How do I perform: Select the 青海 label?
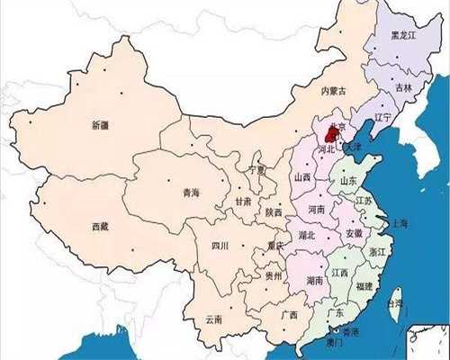point(192,192)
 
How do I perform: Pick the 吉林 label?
point(403,88)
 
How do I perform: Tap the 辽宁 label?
point(382,118)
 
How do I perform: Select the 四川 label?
point(220,245)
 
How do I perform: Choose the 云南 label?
point(213,319)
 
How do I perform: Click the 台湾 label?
point(394,305)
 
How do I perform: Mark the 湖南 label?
point(314,280)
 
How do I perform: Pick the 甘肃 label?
point(243,202)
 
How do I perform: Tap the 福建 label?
point(364,287)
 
